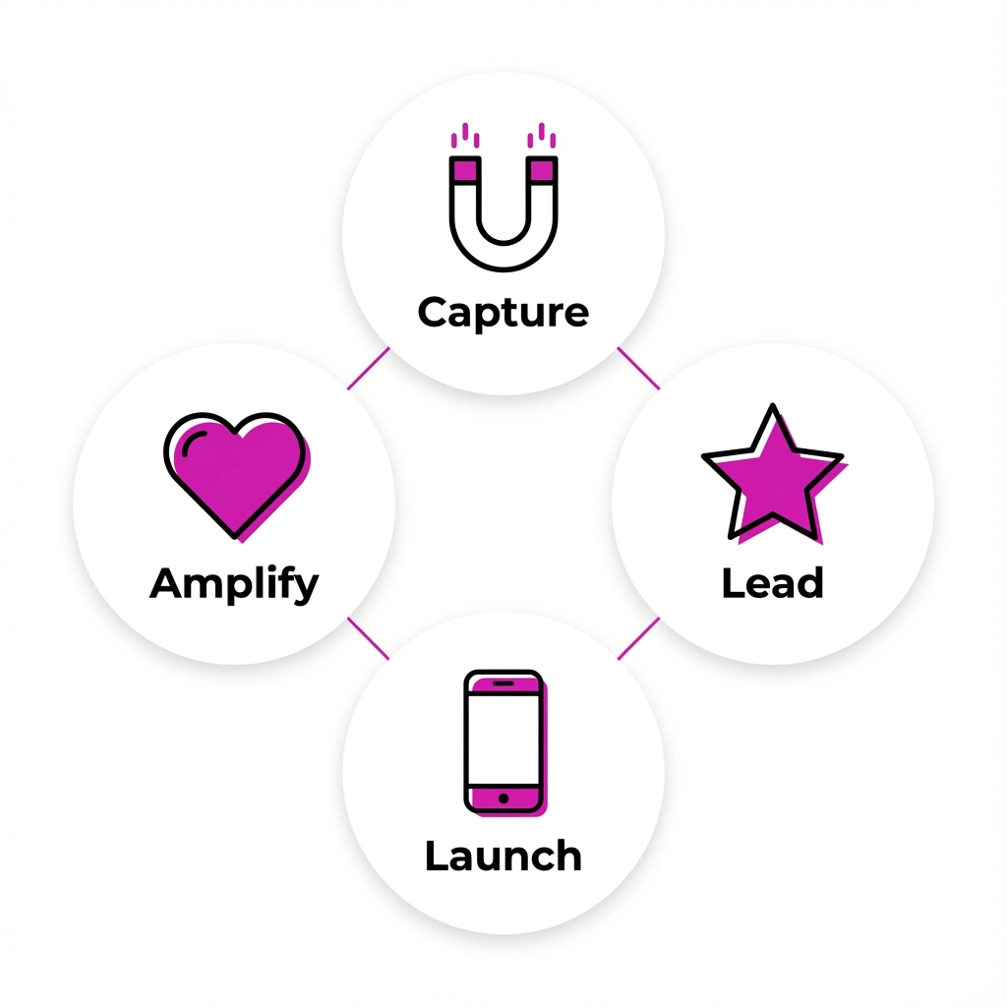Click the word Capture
[503, 313]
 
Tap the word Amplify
[234, 584]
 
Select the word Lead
[773, 582]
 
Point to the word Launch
[503, 856]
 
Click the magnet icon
[503, 197]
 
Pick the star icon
[775, 474]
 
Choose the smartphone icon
[505, 743]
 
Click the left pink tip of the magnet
[465, 170]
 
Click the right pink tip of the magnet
[542, 170]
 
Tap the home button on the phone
[503, 799]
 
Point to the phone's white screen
[503, 740]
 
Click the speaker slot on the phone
[503, 682]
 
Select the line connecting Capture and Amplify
[369, 368]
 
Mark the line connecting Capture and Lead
[638, 368]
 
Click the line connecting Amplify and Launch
[369, 638]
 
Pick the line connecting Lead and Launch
[638, 638]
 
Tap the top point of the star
[773, 404]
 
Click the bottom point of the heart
[234, 537]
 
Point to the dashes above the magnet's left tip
[465, 135]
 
